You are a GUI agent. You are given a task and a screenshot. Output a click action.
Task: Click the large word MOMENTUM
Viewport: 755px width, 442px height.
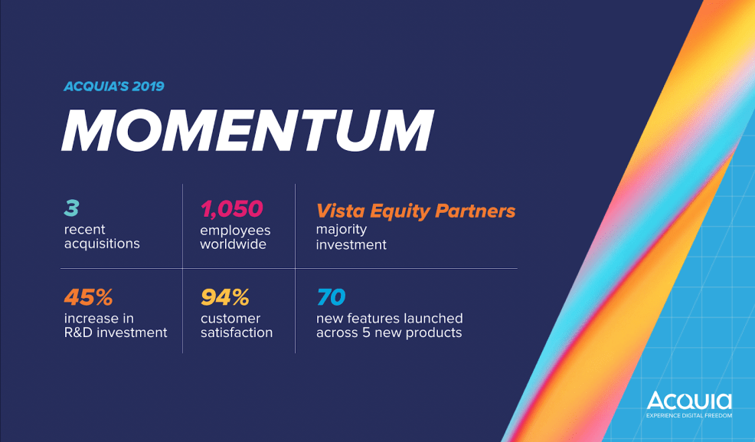click(x=247, y=131)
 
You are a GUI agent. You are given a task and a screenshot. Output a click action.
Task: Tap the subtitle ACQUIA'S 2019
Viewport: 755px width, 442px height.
click(x=114, y=86)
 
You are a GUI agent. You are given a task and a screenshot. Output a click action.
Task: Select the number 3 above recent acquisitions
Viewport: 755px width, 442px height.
click(x=71, y=208)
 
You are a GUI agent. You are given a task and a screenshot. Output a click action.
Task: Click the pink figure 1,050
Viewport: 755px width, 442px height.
click(x=231, y=208)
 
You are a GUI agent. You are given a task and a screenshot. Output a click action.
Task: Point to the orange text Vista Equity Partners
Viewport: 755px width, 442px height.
click(x=416, y=211)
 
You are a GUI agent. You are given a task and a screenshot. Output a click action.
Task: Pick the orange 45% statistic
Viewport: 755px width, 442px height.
click(x=88, y=296)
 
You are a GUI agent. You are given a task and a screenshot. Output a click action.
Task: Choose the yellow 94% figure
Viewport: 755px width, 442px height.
click(x=225, y=296)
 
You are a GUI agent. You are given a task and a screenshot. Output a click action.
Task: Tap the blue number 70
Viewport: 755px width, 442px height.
click(x=332, y=296)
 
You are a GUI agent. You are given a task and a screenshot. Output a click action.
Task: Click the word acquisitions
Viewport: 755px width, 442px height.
click(x=102, y=244)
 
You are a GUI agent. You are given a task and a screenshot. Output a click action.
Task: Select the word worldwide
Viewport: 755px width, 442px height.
click(x=234, y=244)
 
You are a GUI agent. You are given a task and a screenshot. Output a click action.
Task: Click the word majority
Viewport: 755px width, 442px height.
click(x=342, y=230)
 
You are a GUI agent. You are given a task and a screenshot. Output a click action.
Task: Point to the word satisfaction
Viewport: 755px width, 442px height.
click(x=237, y=332)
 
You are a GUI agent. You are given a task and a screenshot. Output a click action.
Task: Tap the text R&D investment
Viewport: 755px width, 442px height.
click(x=116, y=332)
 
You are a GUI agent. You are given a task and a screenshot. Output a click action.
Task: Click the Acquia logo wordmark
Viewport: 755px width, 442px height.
click(x=688, y=401)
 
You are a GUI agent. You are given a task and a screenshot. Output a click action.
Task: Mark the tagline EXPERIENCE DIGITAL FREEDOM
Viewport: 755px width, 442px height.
click(x=688, y=416)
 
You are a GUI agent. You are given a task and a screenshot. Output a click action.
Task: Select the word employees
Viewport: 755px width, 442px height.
click(x=235, y=230)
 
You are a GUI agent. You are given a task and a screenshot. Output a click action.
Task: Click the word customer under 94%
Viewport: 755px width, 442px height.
click(x=230, y=318)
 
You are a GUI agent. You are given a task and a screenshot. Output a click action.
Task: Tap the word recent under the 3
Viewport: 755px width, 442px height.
click(x=85, y=230)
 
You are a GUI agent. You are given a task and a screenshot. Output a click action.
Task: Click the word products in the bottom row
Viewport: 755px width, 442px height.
click(x=436, y=332)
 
